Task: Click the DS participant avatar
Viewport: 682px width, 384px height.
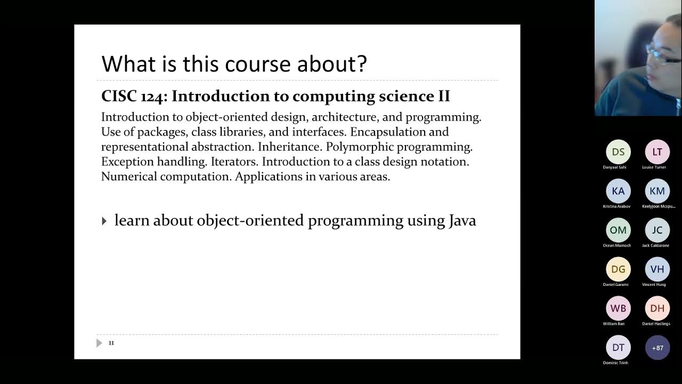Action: point(618,152)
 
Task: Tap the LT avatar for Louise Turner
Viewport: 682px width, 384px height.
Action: point(657,152)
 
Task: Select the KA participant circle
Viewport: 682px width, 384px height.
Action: point(618,191)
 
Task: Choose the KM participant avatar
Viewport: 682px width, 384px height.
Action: point(657,191)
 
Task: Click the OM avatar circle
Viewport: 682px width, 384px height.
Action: point(618,230)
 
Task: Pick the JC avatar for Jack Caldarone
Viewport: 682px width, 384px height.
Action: point(657,230)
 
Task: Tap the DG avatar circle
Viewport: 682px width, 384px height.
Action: point(618,269)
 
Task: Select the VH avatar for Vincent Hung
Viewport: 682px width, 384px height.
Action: point(657,269)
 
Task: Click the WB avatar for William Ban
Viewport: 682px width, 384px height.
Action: point(618,308)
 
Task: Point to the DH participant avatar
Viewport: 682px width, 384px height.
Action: point(657,308)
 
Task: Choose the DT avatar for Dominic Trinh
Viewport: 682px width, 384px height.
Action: point(618,347)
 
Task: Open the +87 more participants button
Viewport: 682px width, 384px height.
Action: point(657,348)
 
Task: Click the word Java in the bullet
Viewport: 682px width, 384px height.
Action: point(461,221)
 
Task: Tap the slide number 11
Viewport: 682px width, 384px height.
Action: point(111,343)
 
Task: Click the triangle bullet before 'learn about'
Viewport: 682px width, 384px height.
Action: point(104,221)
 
